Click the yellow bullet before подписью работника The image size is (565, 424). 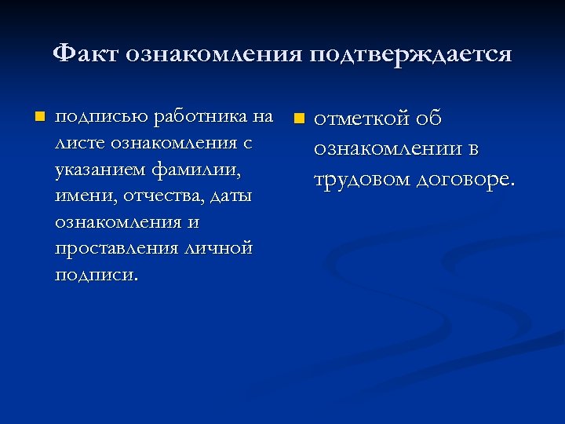[x=36, y=118]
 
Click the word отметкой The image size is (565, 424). [x=362, y=119]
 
